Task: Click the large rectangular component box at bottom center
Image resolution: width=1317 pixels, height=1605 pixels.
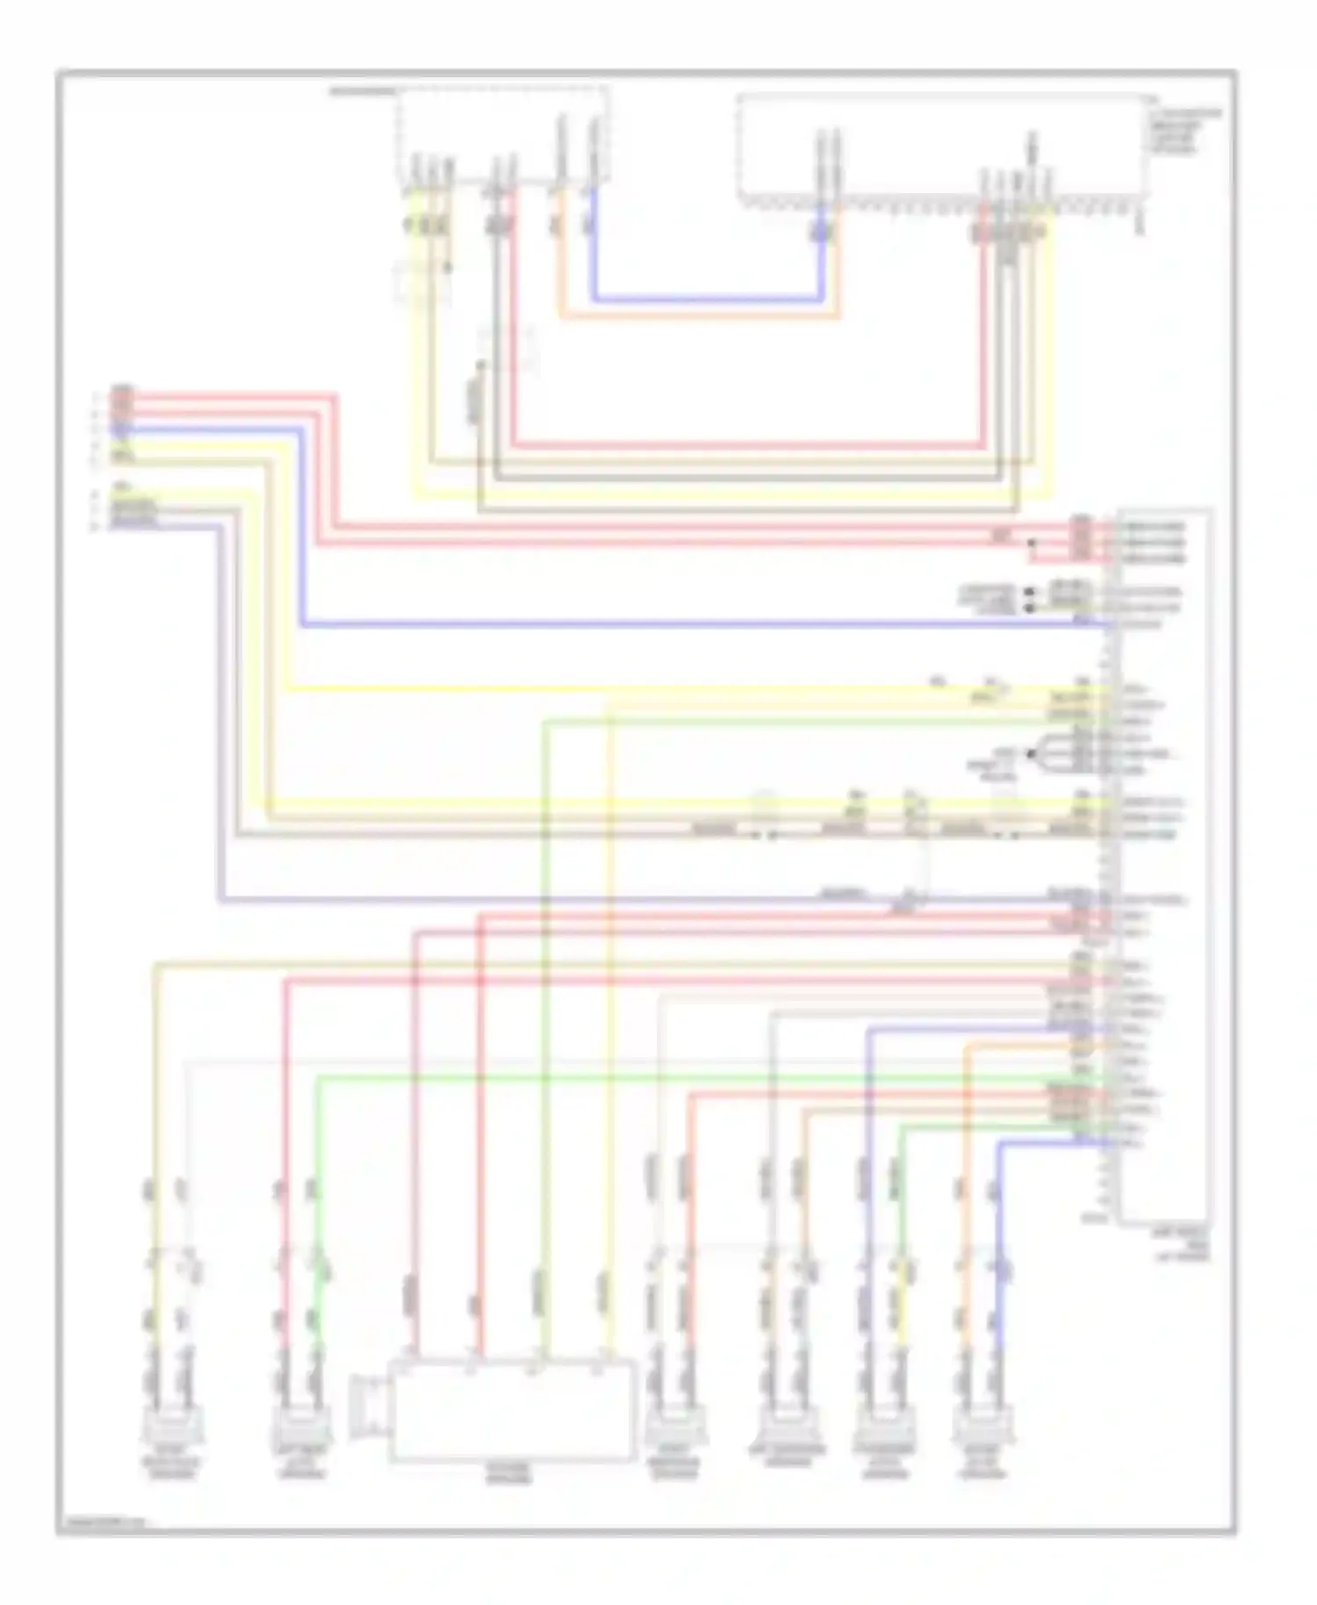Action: coord(512,1411)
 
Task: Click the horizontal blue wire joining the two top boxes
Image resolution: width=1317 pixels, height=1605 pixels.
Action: coord(708,300)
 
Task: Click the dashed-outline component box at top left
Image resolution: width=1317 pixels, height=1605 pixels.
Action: coord(502,136)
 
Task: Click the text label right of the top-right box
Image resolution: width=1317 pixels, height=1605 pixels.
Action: coord(1184,132)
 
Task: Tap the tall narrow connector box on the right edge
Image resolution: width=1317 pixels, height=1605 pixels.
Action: coord(1164,865)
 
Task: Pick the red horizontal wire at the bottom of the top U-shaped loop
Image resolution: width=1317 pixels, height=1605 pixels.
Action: coord(746,445)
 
